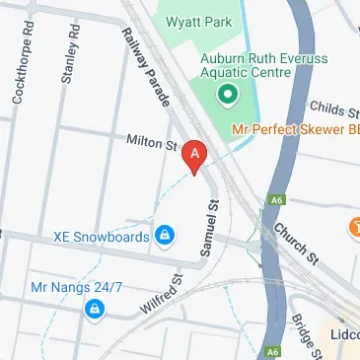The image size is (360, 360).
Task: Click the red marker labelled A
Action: click(196, 157)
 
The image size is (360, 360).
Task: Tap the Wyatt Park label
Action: click(227, 22)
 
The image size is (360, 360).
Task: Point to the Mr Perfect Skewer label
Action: click(293, 129)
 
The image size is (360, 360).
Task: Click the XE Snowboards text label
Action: click(102, 237)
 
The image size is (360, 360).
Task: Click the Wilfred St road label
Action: click(162, 295)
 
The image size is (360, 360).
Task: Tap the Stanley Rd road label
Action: click(67, 56)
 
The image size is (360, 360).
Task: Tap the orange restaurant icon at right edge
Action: click(354, 229)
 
